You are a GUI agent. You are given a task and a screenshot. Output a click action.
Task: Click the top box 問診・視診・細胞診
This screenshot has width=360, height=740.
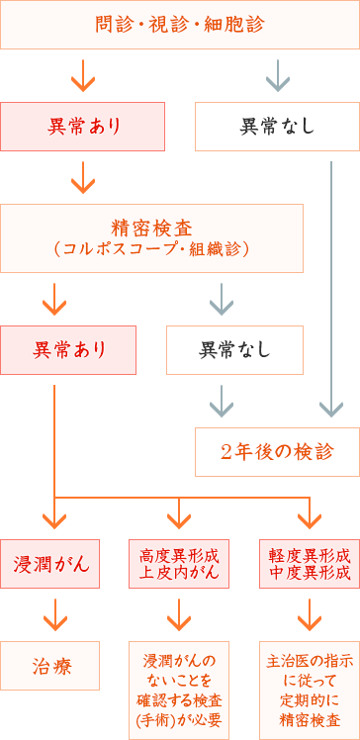[180, 25]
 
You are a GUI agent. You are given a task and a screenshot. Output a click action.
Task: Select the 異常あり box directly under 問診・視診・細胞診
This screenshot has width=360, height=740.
[82, 126]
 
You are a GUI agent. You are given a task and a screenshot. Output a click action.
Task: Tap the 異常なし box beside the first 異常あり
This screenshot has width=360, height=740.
[277, 126]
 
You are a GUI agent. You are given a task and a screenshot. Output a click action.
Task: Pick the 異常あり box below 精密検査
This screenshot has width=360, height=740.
[68, 349]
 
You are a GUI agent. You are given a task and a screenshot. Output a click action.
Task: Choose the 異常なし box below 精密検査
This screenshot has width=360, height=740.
[234, 349]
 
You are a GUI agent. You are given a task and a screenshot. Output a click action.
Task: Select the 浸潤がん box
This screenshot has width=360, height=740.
[50, 564]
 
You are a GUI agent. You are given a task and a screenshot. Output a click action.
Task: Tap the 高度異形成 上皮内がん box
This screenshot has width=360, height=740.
[179, 564]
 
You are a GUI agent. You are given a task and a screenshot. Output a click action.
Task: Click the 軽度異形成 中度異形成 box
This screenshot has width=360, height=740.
[310, 564]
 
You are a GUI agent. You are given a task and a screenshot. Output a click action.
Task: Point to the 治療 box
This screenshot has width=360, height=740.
[50, 666]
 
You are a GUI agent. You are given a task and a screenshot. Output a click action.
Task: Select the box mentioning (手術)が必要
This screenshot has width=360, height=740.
[179, 683]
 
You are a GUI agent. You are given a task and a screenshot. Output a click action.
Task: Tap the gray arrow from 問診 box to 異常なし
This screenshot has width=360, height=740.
[278, 74]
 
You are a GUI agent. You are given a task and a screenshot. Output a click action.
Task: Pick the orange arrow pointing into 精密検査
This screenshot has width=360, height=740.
[83, 178]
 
